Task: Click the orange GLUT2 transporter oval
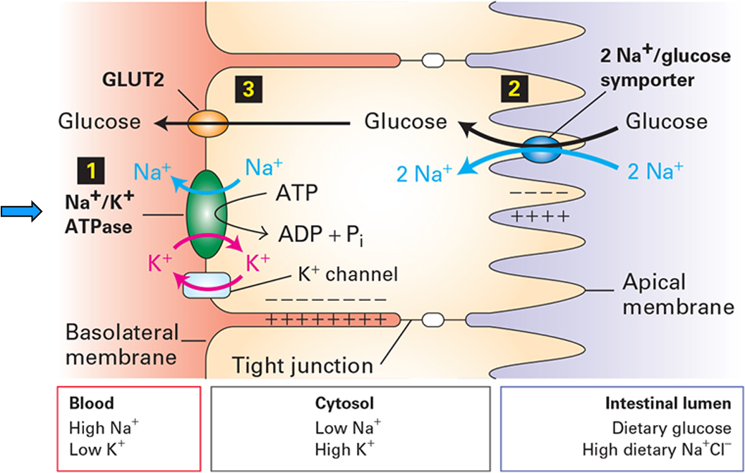click(x=207, y=124)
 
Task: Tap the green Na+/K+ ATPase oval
click(x=205, y=213)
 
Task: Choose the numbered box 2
click(x=513, y=88)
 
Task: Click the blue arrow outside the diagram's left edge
click(x=20, y=210)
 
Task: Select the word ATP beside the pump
click(x=297, y=193)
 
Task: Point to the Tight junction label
click(x=303, y=366)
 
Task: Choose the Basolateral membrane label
click(x=121, y=344)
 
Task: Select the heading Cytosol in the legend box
click(x=344, y=404)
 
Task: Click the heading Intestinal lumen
click(x=667, y=404)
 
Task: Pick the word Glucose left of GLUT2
click(x=99, y=121)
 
